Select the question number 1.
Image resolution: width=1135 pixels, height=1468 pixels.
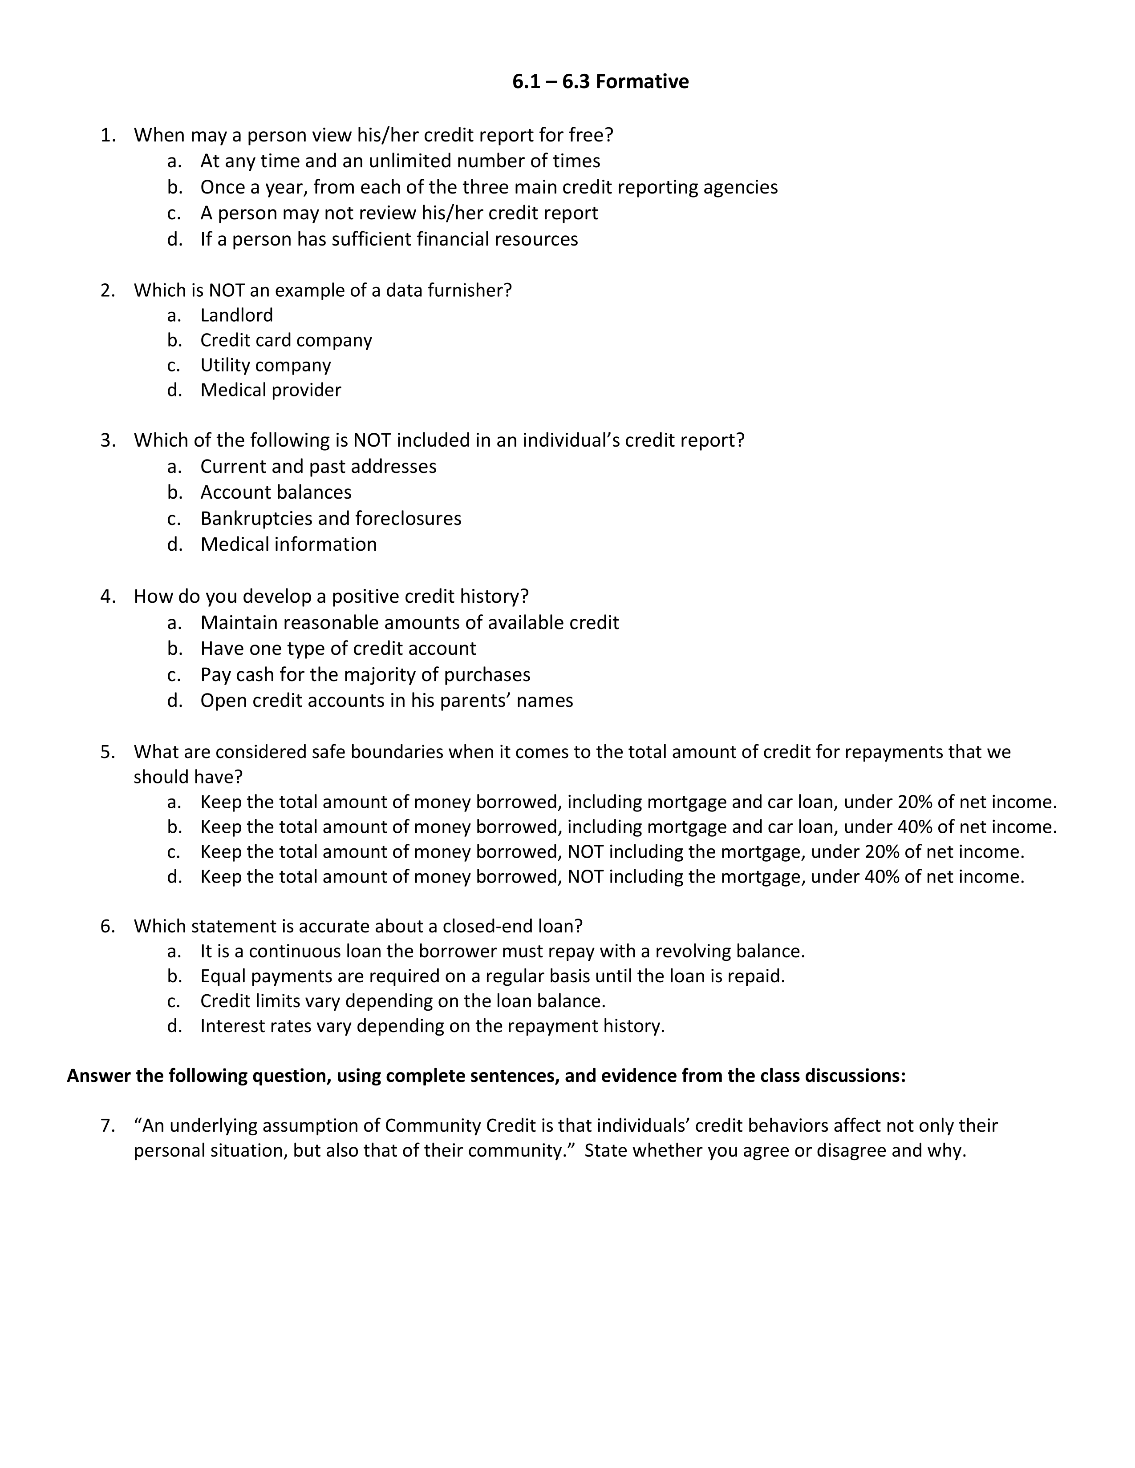click(x=108, y=135)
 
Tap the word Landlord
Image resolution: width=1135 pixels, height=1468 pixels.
click(x=237, y=315)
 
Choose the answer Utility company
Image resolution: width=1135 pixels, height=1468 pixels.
click(x=266, y=365)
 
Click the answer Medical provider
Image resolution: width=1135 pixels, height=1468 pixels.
click(x=270, y=390)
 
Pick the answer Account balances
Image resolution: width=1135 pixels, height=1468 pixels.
click(x=276, y=492)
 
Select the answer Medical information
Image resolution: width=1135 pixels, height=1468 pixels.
click(x=288, y=544)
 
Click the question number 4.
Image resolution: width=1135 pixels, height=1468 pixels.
click(x=108, y=596)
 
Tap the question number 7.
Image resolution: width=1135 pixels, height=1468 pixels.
click(x=108, y=1125)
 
